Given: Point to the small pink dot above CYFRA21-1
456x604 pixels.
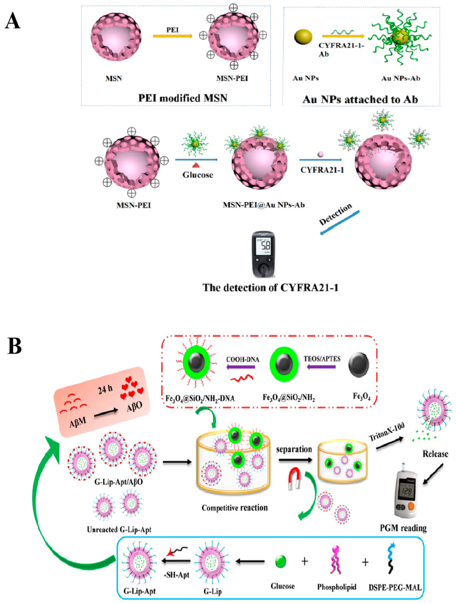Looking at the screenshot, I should click(x=320, y=155).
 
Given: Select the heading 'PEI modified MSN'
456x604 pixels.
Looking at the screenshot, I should click(x=183, y=98).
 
